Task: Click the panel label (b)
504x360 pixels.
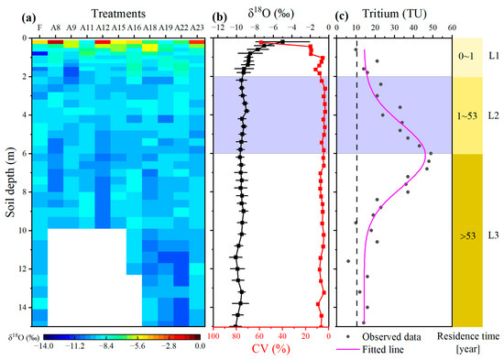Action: [x=222, y=14]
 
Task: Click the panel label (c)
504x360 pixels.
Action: [x=343, y=14]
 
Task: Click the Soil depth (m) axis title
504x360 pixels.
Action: [x=9, y=181]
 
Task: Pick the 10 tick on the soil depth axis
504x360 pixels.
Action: [x=18, y=230]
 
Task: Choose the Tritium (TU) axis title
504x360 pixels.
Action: [x=395, y=13]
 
